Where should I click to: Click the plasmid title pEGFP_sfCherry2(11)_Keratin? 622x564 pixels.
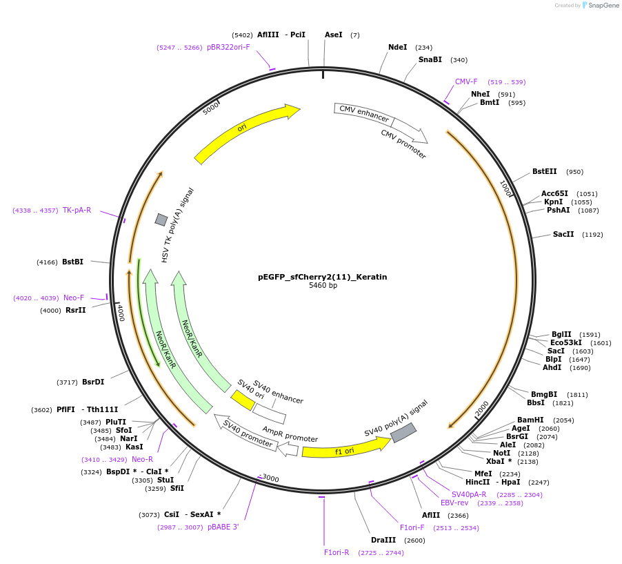[x=322, y=277]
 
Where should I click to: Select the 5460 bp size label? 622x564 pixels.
[x=323, y=286]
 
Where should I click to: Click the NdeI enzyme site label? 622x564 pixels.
[x=398, y=48]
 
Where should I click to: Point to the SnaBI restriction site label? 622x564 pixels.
[x=430, y=60]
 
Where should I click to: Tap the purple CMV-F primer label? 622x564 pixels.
[x=466, y=81]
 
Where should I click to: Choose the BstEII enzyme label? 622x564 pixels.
[x=544, y=172]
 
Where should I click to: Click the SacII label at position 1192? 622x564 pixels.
[x=563, y=235]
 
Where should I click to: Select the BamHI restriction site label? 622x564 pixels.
[x=530, y=420]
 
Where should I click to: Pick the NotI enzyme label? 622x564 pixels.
[x=501, y=453]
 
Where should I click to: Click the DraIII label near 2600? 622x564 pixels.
[x=383, y=541]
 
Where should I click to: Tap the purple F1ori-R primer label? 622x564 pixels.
[x=337, y=553]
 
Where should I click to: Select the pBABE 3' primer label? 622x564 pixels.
[x=223, y=527]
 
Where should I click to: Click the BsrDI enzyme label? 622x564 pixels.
[x=93, y=382]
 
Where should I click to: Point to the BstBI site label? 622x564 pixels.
[x=72, y=262]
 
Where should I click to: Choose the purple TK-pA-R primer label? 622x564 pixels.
[x=77, y=210]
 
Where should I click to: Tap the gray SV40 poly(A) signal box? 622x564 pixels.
[x=403, y=433]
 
